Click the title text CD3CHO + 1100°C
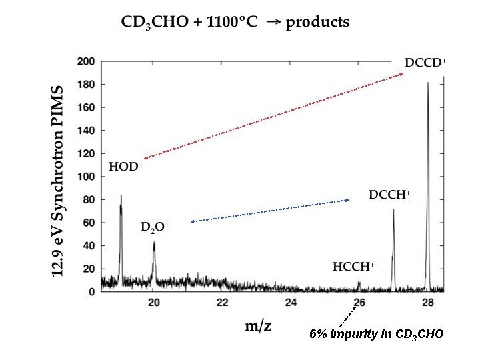pyautogui.click(x=189, y=23)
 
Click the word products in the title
pyautogui.click(x=317, y=23)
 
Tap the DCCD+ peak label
pyautogui.click(x=425, y=63)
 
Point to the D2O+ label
pyautogui.click(x=155, y=227)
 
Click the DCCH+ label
pyautogui.click(x=389, y=195)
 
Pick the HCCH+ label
pyautogui.click(x=353, y=267)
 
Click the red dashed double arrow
pyautogui.click(x=273, y=116)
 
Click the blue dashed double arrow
pyautogui.click(x=269, y=211)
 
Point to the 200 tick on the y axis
pyautogui.click(x=85, y=61)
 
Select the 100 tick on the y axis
pyautogui.click(x=85, y=177)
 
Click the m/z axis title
pyautogui.click(x=257, y=326)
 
